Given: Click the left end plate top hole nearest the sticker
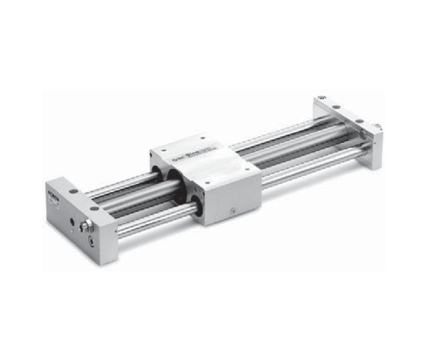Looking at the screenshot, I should click(x=75, y=191).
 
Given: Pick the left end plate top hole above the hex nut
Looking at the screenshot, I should click(x=95, y=209).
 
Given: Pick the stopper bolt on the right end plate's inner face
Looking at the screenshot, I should click(x=361, y=134).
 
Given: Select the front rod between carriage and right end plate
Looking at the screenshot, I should click(x=307, y=170).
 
